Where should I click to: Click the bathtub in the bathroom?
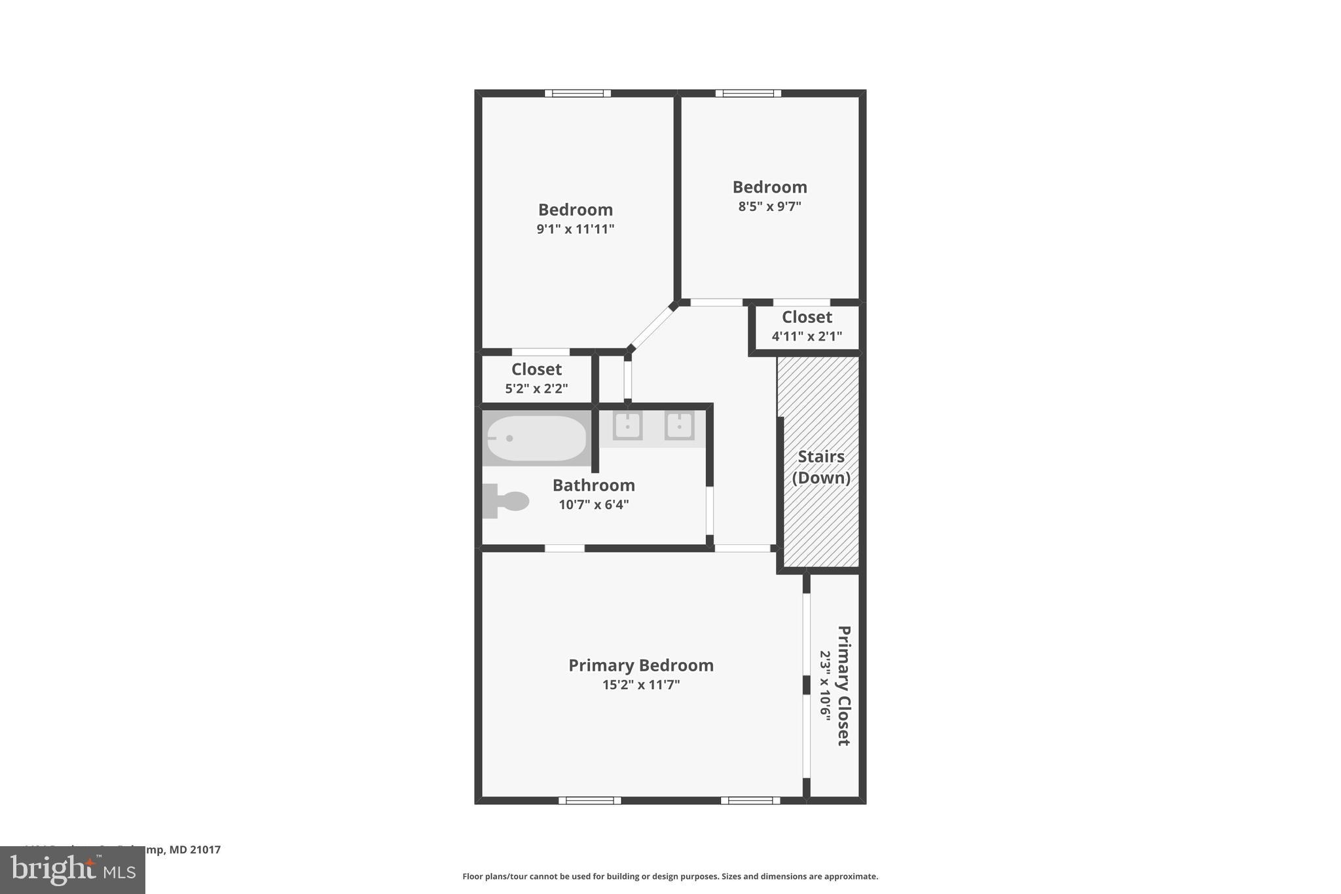tap(536, 438)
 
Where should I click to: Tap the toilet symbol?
tap(506, 501)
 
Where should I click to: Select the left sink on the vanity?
tap(627, 426)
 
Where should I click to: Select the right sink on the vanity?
tap(679, 426)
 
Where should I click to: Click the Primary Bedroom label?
tap(640, 665)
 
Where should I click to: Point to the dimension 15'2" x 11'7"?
tap(640, 685)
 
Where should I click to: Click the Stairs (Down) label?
tap(821, 467)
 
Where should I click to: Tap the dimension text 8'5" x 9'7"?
tap(769, 206)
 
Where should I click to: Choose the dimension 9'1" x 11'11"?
tap(575, 229)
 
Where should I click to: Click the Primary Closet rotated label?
tap(843, 685)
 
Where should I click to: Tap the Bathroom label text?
tap(593, 485)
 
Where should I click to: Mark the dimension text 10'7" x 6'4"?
tap(593, 505)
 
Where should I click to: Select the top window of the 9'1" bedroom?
tap(578, 93)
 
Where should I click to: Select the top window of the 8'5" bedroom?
tap(748, 93)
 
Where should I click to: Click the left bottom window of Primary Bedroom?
tap(589, 800)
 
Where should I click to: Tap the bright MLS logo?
tap(73, 870)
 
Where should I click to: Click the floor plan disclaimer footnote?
tap(670, 876)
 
